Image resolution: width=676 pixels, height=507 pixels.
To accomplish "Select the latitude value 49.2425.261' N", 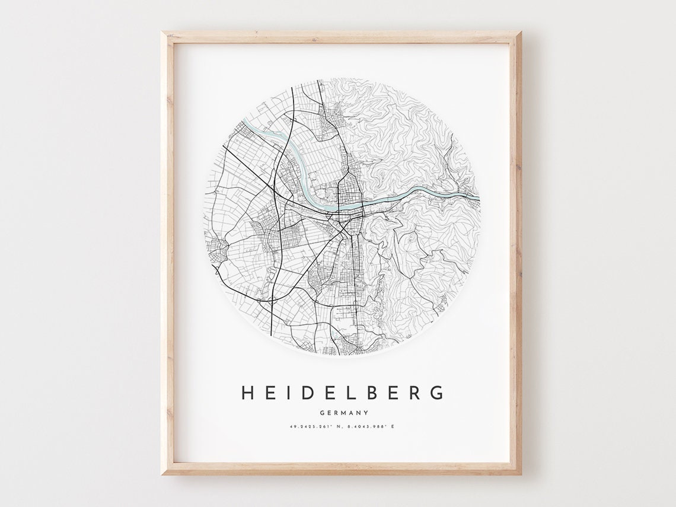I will [x=314, y=426].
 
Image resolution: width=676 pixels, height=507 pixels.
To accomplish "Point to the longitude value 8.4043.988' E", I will [x=371, y=426].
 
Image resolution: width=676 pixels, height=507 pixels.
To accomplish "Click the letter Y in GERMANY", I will [x=366, y=413].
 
